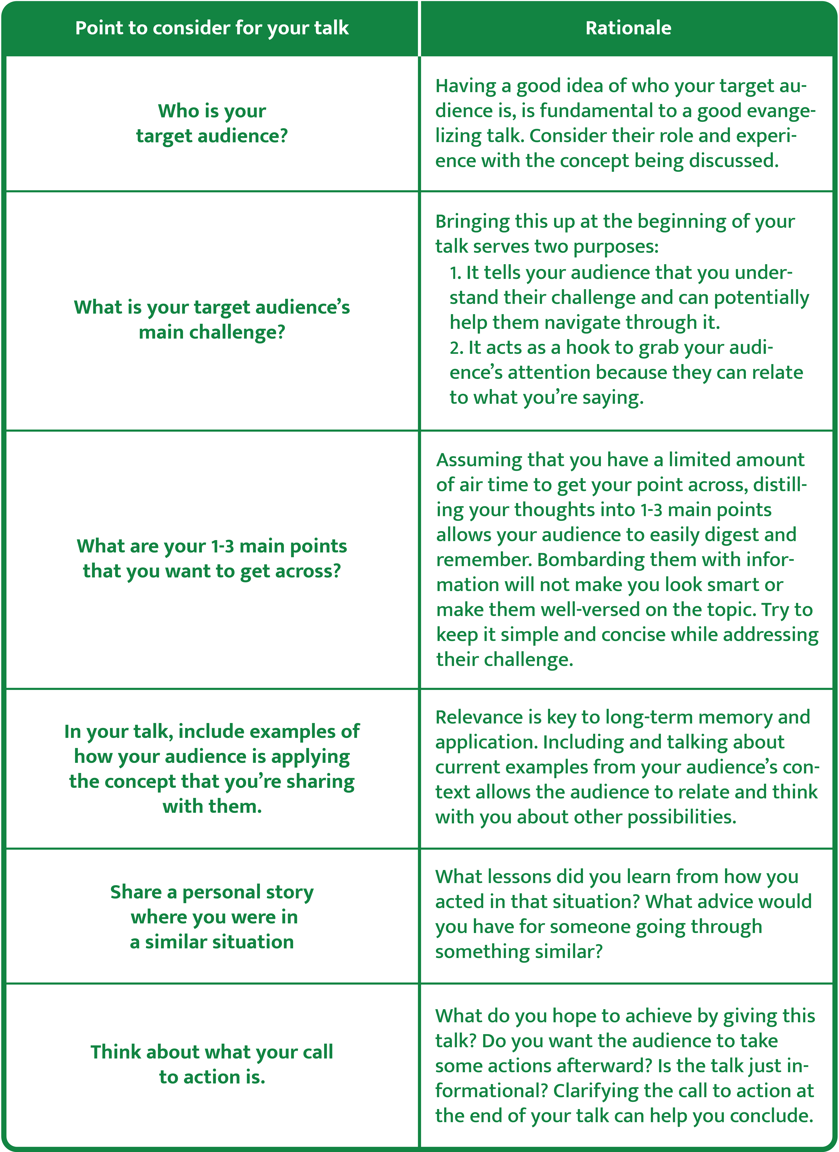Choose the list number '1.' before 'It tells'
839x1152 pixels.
click(455, 273)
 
